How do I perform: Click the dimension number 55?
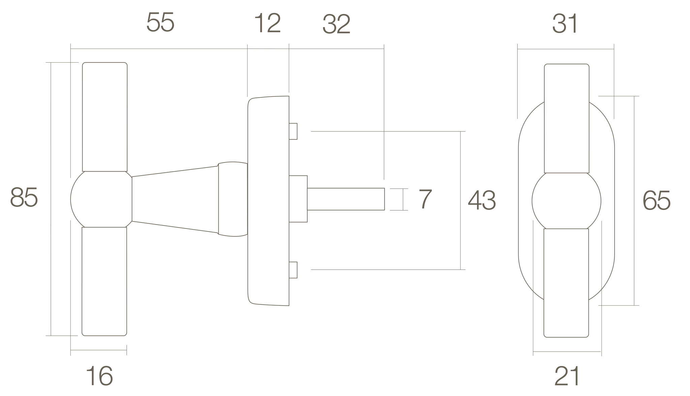160,23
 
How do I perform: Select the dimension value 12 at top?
268,23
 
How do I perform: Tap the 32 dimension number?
336,24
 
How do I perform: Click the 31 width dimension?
565,24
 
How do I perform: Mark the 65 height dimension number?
657,201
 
